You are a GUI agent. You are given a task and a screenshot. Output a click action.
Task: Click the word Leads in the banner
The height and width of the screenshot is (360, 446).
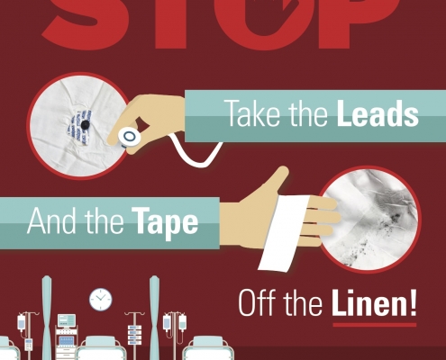point(378,113)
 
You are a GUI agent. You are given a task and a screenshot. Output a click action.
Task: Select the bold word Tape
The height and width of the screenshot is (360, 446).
point(165,221)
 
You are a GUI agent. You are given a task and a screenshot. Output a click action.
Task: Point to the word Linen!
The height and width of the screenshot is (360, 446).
point(374,302)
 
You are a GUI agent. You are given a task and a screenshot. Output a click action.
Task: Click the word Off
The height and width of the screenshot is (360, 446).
point(257,302)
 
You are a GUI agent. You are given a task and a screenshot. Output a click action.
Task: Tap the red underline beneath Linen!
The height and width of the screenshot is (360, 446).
point(375,325)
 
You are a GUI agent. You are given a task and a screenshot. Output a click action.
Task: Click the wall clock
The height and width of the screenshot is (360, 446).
point(101,300)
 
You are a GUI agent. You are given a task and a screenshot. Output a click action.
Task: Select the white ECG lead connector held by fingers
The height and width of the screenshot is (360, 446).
point(129,138)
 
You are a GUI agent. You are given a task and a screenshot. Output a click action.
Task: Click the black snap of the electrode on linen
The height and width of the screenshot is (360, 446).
point(86,124)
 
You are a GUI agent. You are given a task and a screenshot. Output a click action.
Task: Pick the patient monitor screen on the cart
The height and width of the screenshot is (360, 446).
point(67,320)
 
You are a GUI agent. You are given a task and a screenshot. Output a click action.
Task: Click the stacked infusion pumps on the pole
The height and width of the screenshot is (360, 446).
point(134,335)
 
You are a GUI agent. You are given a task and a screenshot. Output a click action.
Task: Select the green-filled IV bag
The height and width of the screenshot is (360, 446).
point(182,322)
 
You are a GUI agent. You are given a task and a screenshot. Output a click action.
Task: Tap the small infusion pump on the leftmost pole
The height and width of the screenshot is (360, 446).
point(28,345)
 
